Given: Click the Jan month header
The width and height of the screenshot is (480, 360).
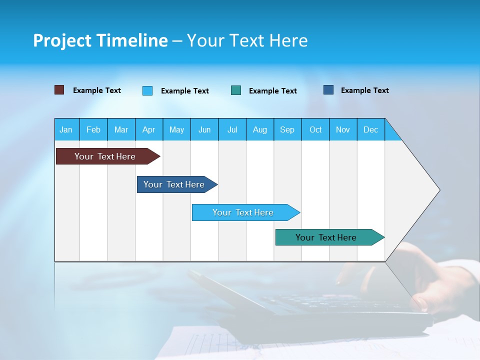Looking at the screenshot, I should [66, 129].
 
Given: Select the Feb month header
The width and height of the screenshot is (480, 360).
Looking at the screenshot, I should [93, 129].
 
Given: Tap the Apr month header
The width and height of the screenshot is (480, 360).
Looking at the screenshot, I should [149, 129].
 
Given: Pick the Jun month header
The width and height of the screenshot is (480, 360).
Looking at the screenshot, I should [204, 129].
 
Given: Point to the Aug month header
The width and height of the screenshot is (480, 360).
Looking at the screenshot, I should [260, 129].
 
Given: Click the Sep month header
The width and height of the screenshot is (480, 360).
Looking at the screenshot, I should [287, 129].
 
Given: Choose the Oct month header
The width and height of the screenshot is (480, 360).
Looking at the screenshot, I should [315, 129].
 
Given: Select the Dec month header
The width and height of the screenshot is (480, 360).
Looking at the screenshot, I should [371, 129].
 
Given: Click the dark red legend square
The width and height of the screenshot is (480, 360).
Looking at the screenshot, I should [59, 90].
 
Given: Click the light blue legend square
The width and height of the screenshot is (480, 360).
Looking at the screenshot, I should [147, 90].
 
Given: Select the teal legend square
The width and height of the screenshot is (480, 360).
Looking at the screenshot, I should [236, 90].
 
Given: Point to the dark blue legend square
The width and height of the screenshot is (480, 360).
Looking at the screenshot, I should [328, 90].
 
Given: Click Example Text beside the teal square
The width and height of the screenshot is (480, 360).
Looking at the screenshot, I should [273, 91].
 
